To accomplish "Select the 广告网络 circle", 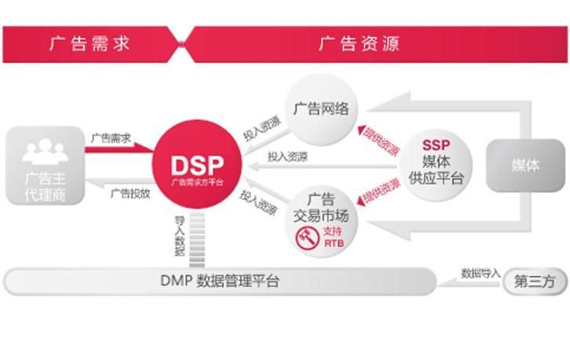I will (321, 109).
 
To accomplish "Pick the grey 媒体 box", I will (525, 165).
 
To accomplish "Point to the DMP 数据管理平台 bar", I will (220, 281).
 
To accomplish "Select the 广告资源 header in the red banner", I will (359, 43).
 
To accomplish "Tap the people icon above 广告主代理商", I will (44, 150).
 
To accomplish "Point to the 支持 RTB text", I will (332, 237).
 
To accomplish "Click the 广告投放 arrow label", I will (130, 192).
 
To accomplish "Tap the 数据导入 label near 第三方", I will (480, 274).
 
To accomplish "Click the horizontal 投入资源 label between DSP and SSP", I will (287, 156).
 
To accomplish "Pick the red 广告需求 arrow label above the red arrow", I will (111, 138).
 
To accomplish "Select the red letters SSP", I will (436, 145).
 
